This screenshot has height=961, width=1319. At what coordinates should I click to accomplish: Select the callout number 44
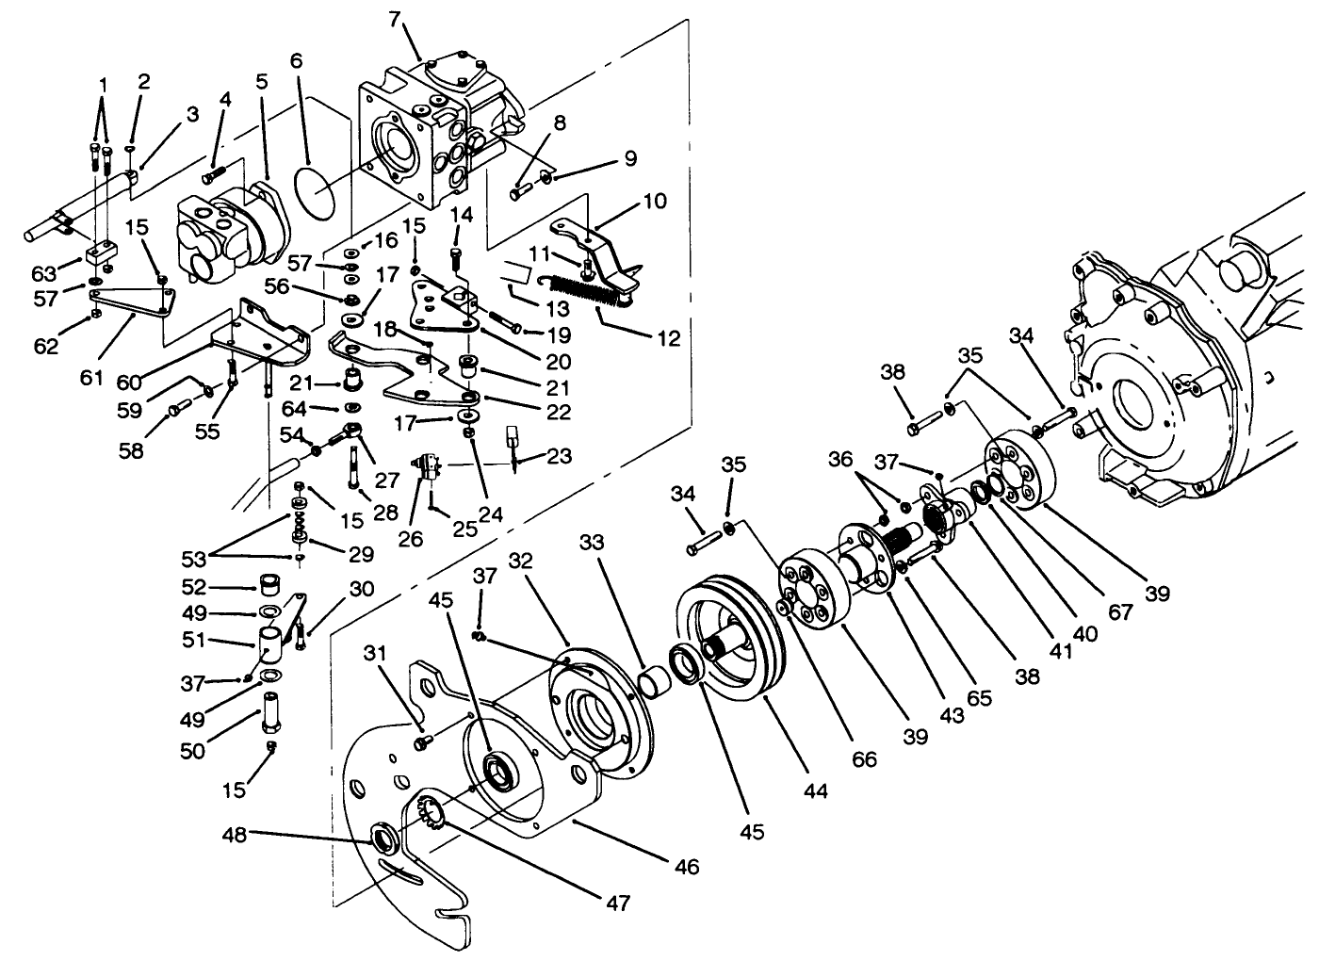(x=815, y=791)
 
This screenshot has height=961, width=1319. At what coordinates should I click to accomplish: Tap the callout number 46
(x=687, y=866)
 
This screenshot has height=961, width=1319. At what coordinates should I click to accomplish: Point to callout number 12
(x=668, y=338)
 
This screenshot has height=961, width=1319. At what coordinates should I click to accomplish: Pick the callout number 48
(x=235, y=835)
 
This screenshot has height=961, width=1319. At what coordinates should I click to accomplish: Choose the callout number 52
(x=193, y=586)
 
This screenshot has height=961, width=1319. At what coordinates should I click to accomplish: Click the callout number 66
(x=864, y=758)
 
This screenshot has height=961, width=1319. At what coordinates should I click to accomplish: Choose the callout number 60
(x=129, y=382)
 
